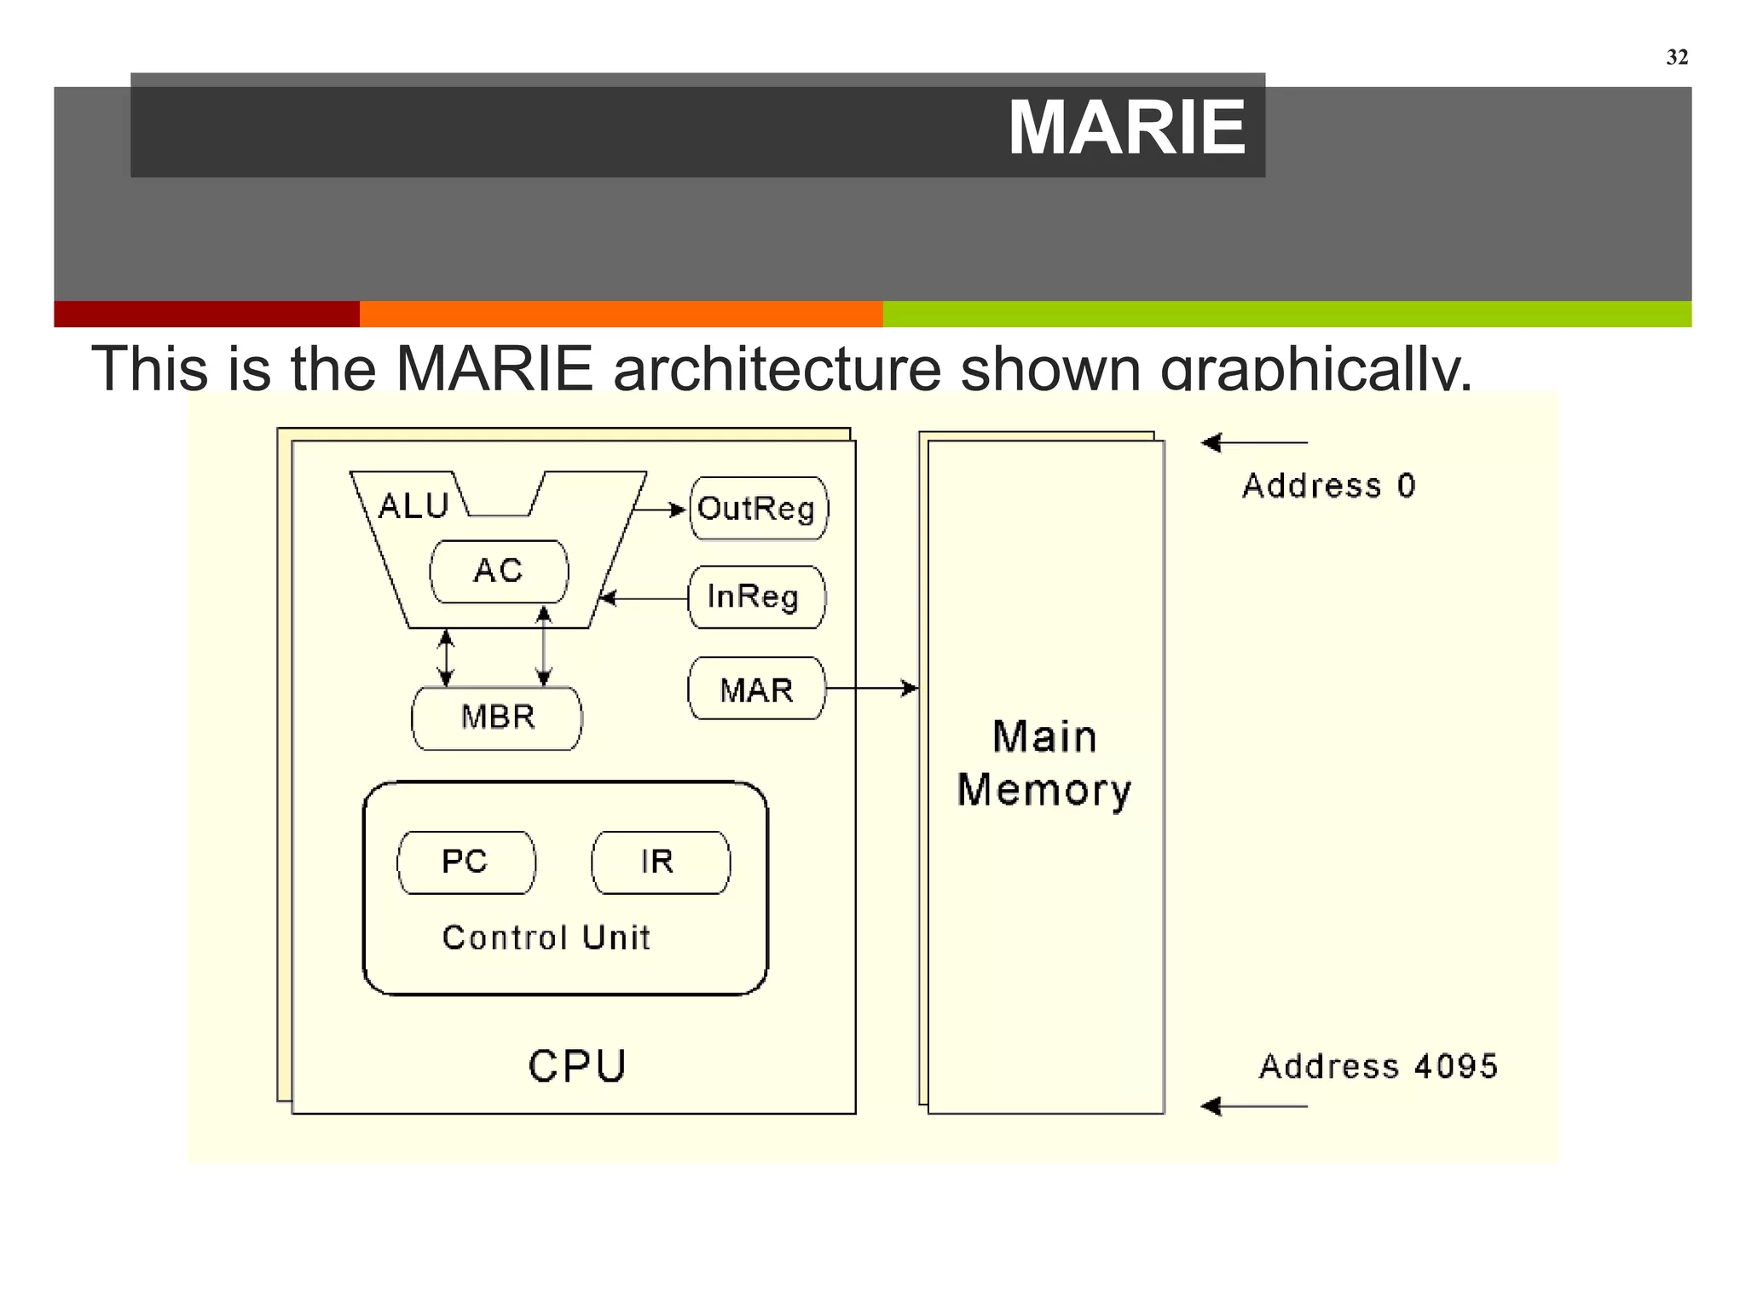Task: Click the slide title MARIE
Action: click(x=1126, y=128)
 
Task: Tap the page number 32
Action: click(x=1676, y=57)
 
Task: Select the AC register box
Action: click(x=499, y=571)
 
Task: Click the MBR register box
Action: click(x=497, y=718)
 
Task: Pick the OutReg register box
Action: click(x=758, y=509)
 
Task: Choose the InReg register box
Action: click(x=756, y=597)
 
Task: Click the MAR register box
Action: click(x=756, y=689)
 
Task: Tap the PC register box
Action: click(x=465, y=862)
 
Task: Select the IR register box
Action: click(x=660, y=862)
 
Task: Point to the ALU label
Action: click(x=413, y=506)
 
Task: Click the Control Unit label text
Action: click(x=546, y=937)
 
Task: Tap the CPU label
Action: click(x=577, y=1066)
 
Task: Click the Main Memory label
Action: click(x=1044, y=763)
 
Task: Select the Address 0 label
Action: click(x=1328, y=486)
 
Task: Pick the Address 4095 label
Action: click(x=1378, y=1066)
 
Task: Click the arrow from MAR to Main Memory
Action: click(x=871, y=688)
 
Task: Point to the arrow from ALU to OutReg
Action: click(x=659, y=510)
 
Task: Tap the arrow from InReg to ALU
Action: click(x=645, y=598)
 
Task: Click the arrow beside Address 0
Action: click(x=1253, y=443)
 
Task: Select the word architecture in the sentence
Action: click(x=776, y=369)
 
